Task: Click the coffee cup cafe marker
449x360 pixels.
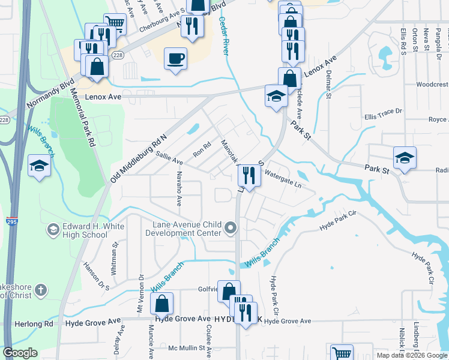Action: [x=175, y=59]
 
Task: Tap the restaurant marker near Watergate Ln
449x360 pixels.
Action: [x=249, y=176]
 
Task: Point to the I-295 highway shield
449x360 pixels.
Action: [x=11, y=221]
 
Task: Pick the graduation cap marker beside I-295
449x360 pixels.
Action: [x=39, y=165]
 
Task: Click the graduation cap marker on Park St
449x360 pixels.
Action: [x=405, y=157]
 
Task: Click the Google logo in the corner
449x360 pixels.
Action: [x=20, y=353]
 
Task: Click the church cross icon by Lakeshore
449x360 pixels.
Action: [x=40, y=290]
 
